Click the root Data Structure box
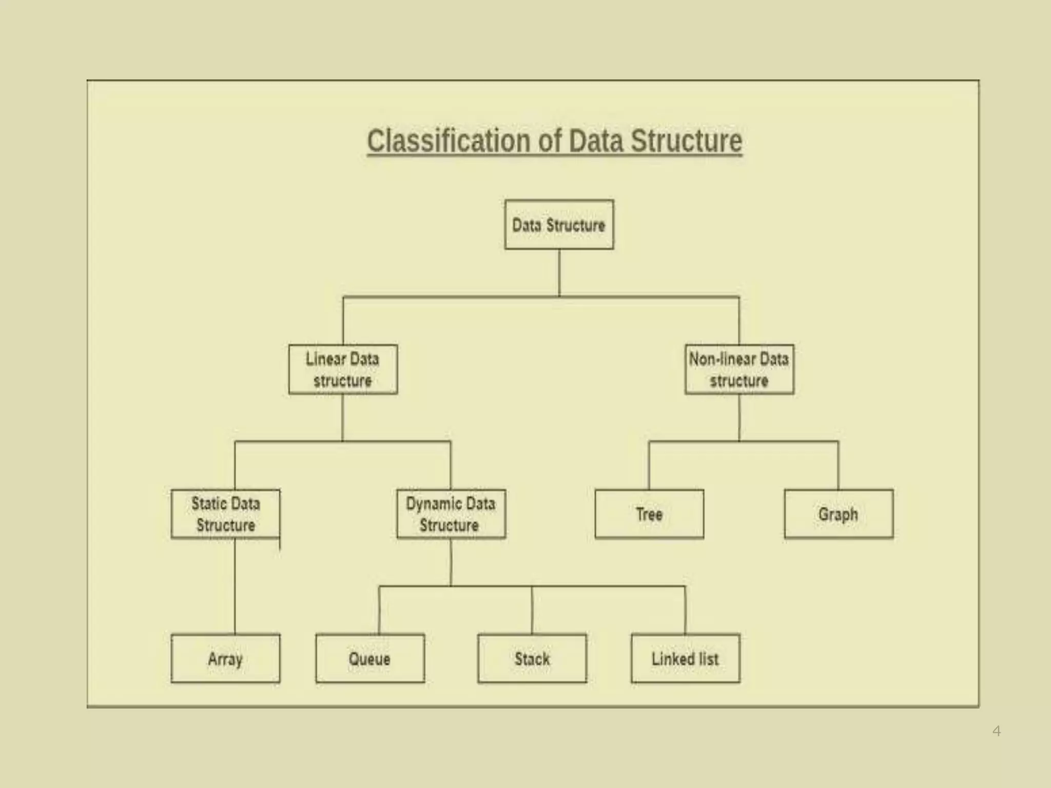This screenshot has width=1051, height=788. tap(559, 225)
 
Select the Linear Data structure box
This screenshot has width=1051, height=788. tap(343, 369)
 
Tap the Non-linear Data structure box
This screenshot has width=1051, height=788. tap(739, 369)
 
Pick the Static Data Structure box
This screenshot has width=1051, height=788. tap(226, 514)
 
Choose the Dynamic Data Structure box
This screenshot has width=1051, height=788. tap(451, 514)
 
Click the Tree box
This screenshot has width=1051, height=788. tap(649, 514)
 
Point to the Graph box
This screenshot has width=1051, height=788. tap(839, 514)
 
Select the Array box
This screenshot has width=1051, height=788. tap(226, 659)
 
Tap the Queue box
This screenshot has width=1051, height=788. tap(370, 659)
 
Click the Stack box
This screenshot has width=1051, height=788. tap(532, 659)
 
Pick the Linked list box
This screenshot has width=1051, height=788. tap(685, 659)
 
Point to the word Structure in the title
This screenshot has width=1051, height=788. tap(686, 141)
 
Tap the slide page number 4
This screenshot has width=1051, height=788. tap(997, 731)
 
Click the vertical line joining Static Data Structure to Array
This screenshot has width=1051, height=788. tap(235, 586)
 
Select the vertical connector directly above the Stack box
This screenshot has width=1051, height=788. tap(532, 610)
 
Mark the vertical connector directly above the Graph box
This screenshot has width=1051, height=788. tap(839, 465)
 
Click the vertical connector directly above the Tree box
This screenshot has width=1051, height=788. tap(649, 465)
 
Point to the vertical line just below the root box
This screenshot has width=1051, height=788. tap(559, 273)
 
